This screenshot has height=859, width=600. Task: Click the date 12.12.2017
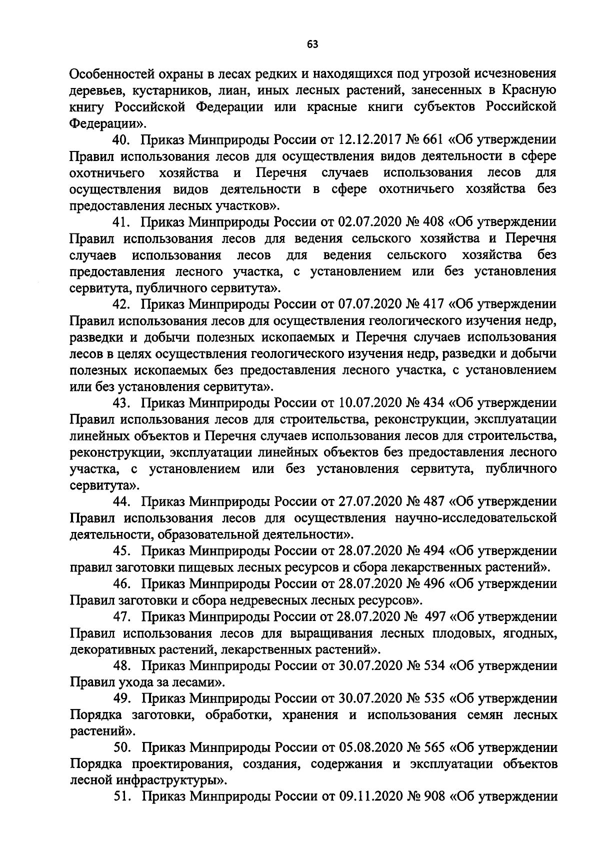[x=370, y=139]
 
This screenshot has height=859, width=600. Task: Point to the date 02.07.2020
[x=370, y=222]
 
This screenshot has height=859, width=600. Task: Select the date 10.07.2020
[x=370, y=403]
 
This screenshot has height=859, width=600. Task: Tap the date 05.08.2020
[x=370, y=748]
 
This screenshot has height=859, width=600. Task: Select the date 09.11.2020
[x=370, y=797]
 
